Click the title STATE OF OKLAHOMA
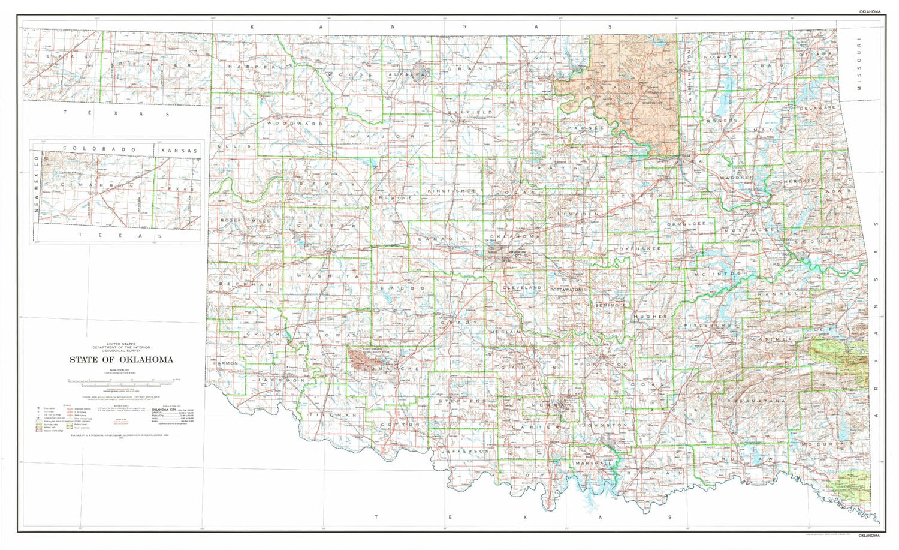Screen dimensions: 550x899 click(121, 360)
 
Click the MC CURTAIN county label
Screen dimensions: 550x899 click(826, 444)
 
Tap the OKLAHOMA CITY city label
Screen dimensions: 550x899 click(517, 252)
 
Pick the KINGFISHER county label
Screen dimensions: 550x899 click(451, 191)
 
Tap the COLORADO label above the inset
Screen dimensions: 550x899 click(99, 149)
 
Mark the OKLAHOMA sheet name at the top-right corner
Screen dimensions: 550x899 click(869, 11)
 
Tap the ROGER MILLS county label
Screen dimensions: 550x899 click(245, 221)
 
